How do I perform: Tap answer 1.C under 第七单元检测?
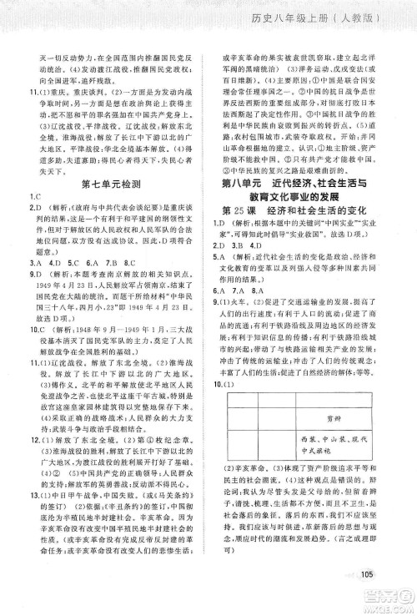tap(34, 195)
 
